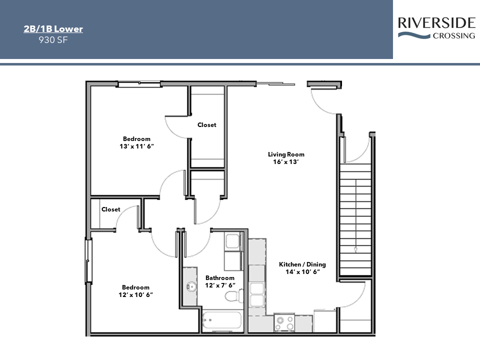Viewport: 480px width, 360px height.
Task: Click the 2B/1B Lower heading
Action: pos(53,29)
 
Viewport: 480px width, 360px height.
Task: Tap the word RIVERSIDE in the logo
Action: pos(436,23)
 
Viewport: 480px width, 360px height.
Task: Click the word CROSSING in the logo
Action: pos(454,35)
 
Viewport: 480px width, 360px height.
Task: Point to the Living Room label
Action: pos(286,154)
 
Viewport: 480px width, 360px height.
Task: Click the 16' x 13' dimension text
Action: pos(286,162)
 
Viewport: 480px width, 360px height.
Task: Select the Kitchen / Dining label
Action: pos(302,264)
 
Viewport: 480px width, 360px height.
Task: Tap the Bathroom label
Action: pos(220,278)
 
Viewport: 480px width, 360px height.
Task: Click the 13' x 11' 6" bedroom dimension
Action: pos(136,146)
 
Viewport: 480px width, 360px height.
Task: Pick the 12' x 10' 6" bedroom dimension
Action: pos(135,294)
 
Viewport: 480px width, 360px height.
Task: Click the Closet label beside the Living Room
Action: pos(206,125)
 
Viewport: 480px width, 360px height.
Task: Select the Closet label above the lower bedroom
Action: pos(111,209)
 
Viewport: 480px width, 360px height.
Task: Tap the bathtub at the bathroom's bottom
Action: pos(222,320)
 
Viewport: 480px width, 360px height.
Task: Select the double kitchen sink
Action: pos(257,294)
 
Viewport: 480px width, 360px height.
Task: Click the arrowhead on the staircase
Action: pos(355,249)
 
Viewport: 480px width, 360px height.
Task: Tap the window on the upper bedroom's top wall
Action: pos(139,84)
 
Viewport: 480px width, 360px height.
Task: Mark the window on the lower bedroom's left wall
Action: pos(88,260)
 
